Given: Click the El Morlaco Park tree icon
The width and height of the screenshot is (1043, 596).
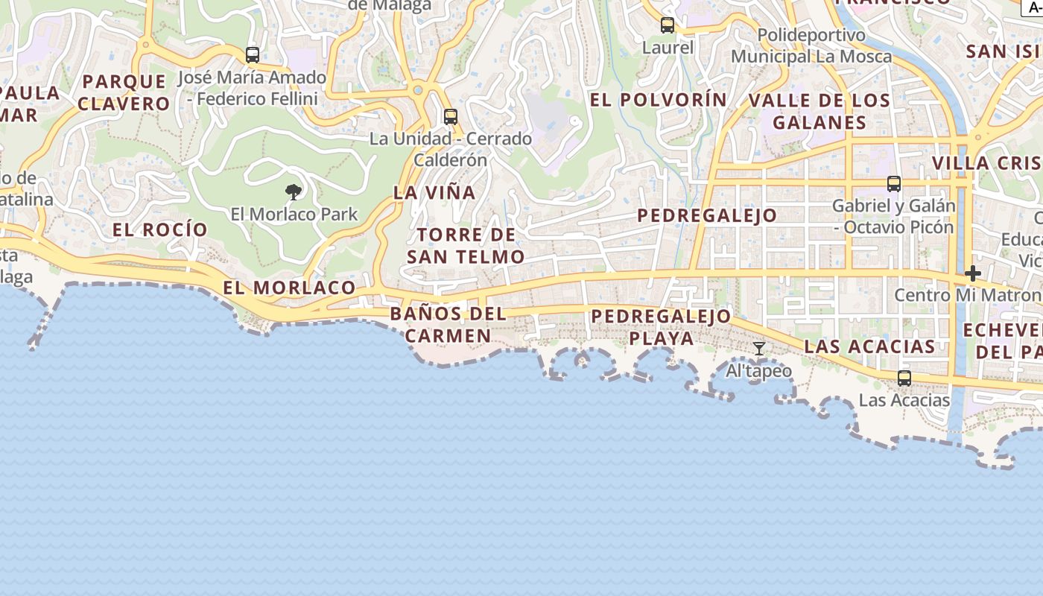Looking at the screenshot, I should click(x=294, y=192).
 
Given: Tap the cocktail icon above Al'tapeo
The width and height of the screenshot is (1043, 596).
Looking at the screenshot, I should click(x=758, y=349).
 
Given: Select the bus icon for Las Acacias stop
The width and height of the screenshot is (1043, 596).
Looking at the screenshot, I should click(x=904, y=378).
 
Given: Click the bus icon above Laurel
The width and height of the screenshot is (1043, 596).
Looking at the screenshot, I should click(x=668, y=25).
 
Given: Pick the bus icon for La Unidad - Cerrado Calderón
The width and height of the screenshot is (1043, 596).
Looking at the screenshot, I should click(x=451, y=117).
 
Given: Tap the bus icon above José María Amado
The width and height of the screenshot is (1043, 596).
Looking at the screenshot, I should click(x=253, y=55).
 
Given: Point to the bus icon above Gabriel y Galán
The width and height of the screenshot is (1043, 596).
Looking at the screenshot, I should click(x=893, y=184).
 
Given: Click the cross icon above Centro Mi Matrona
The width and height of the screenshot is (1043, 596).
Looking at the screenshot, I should click(x=972, y=273).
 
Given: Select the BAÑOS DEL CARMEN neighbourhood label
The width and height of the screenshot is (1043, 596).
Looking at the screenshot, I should click(x=448, y=325).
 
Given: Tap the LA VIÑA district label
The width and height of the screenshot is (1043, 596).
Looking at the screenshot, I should click(x=434, y=192).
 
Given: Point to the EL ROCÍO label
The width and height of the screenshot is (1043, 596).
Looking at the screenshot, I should click(x=159, y=229).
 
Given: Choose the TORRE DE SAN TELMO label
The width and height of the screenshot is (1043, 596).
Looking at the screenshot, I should click(x=466, y=246).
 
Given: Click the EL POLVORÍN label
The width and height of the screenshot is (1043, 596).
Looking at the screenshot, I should click(x=659, y=100).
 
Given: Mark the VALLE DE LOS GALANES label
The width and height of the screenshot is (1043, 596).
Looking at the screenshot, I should click(x=819, y=112).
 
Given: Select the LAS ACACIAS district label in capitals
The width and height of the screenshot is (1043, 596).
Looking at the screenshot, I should click(x=869, y=346).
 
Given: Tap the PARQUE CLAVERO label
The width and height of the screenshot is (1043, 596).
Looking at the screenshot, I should click(x=124, y=92).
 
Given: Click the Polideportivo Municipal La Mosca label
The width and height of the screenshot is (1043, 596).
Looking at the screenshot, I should click(x=811, y=45).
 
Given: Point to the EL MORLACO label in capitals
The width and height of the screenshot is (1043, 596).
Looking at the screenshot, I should click(x=289, y=288).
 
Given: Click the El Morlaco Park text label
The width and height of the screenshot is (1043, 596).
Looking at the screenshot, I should click(x=294, y=215).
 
